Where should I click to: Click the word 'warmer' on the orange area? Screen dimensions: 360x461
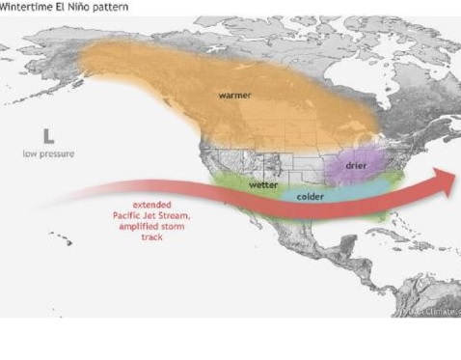234,96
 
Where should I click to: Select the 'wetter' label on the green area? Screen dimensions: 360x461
263,183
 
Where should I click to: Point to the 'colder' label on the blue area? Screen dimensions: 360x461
310,196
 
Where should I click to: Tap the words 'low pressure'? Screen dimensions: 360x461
48,153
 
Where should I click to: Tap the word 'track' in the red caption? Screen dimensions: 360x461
151,237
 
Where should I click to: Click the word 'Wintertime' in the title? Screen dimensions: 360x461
26,6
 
